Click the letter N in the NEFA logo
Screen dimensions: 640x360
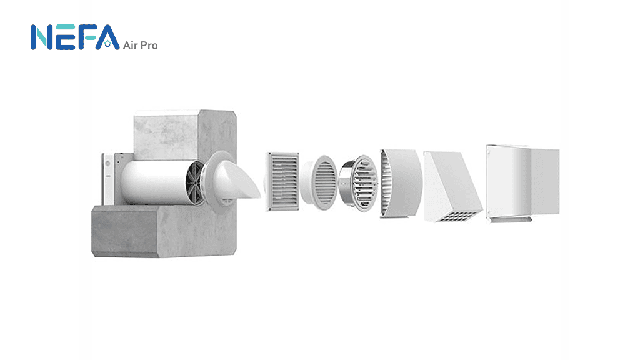[x=41, y=37]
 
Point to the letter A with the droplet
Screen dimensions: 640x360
[x=107, y=37]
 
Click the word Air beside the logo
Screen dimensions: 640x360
[x=131, y=45]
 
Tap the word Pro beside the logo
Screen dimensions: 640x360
[x=149, y=45]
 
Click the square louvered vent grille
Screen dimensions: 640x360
[x=282, y=182]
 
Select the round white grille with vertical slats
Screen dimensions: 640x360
[x=319, y=182]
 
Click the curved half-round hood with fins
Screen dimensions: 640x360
[x=401, y=183]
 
